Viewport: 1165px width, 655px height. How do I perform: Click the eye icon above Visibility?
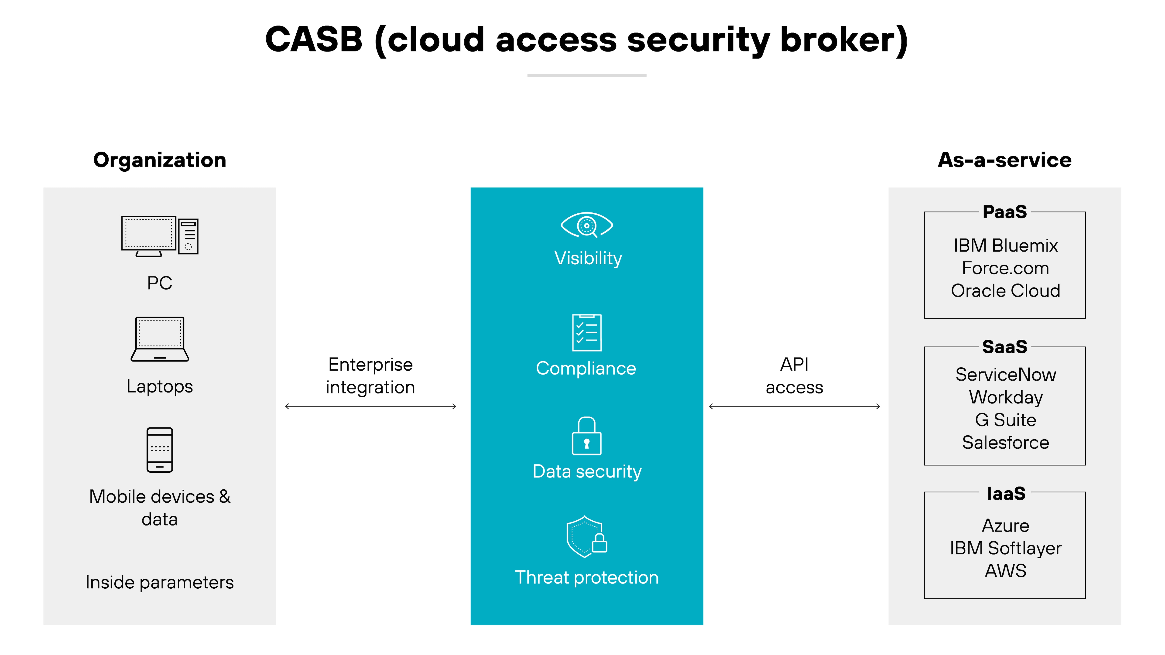coord(586,225)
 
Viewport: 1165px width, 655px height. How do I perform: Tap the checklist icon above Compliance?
coord(586,333)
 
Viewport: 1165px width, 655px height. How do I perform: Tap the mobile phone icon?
coord(160,450)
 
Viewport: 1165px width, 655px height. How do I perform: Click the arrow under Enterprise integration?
coord(370,406)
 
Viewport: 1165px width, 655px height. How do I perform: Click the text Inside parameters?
coord(160,582)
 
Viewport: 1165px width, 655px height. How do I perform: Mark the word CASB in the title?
coord(314,39)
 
